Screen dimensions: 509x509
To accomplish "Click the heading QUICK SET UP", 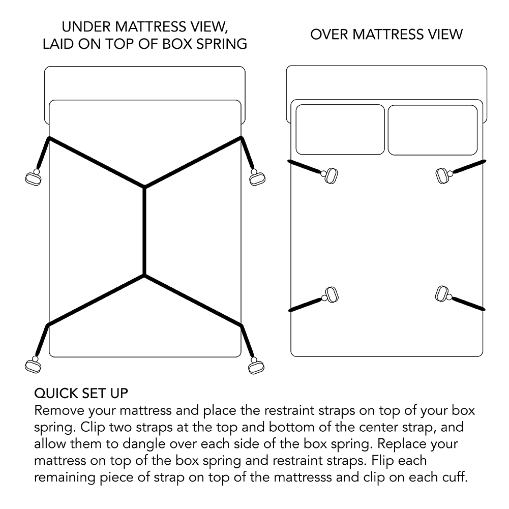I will (x=81, y=394).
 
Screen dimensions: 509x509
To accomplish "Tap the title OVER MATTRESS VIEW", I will (x=386, y=35).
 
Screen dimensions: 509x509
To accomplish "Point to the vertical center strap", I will (x=145, y=231).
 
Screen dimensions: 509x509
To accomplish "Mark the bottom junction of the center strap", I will (x=145, y=276).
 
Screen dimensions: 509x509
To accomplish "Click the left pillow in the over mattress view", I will (x=340, y=129).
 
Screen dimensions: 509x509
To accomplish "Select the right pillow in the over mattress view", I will (x=433, y=129).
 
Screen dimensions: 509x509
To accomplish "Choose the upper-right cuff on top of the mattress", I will (x=443, y=176).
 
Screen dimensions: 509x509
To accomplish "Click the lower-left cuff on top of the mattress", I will (x=332, y=295).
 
